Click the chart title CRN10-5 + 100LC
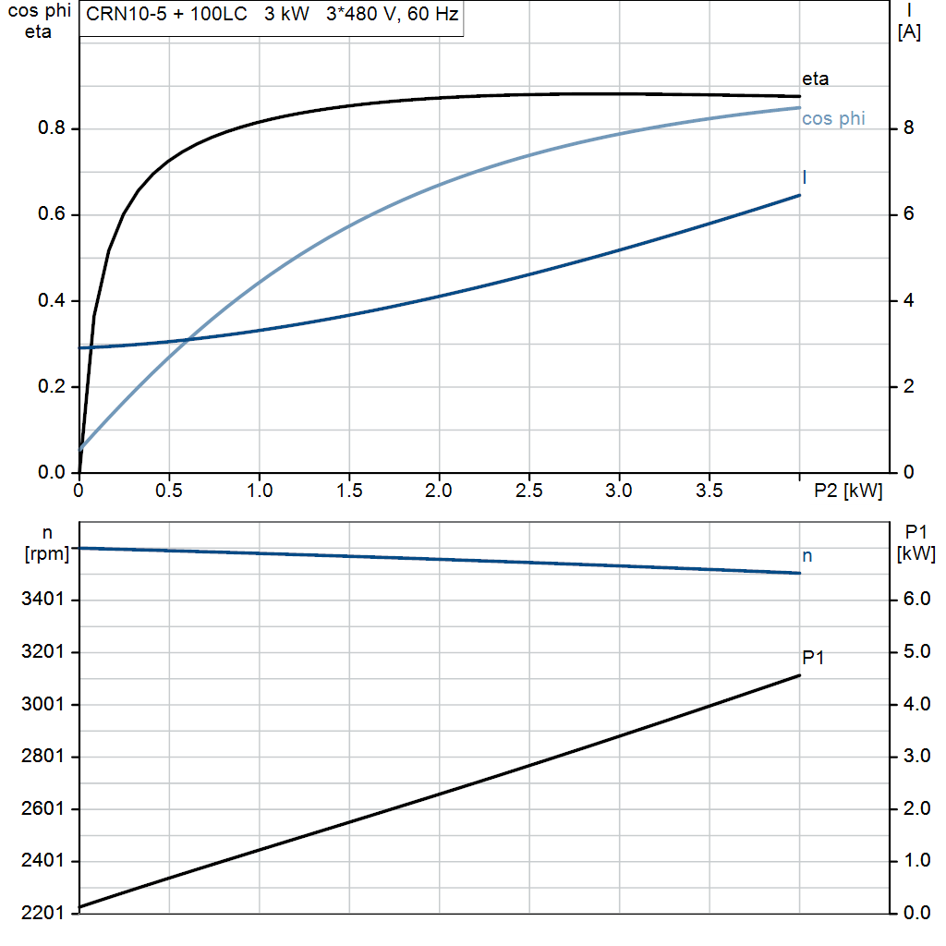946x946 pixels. [166, 14]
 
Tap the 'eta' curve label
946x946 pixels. [815, 79]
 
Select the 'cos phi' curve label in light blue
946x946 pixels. [833, 119]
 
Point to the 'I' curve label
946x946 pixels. [805, 176]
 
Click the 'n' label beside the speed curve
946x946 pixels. [807, 556]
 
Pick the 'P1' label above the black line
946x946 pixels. [813, 658]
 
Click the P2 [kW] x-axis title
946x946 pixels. [848, 491]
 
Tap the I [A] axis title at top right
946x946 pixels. [909, 21]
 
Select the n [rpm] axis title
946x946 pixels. [47, 543]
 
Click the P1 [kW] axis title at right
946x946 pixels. [916, 542]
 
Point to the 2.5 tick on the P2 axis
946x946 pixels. [529, 491]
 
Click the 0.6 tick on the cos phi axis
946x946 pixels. [52, 214]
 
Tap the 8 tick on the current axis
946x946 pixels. [909, 127]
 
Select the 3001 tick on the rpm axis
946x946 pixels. [42, 704]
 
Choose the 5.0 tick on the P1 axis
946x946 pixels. [916, 651]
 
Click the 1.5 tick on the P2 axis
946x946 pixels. [349, 491]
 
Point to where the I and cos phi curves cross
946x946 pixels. [188, 340]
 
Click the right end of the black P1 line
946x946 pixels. [800, 675]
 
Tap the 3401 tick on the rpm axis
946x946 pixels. [42, 599]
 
